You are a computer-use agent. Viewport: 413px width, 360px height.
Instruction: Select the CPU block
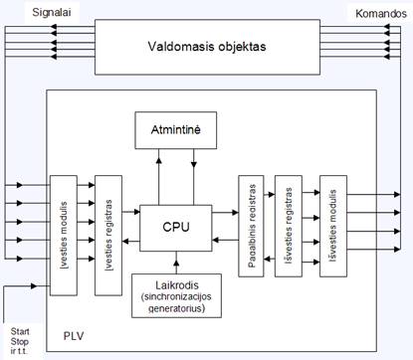tap(175, 229)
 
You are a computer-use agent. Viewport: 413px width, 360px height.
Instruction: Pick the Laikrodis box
tap(175, 296)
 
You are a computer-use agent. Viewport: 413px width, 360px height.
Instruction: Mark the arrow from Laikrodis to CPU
tap(175, 263)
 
